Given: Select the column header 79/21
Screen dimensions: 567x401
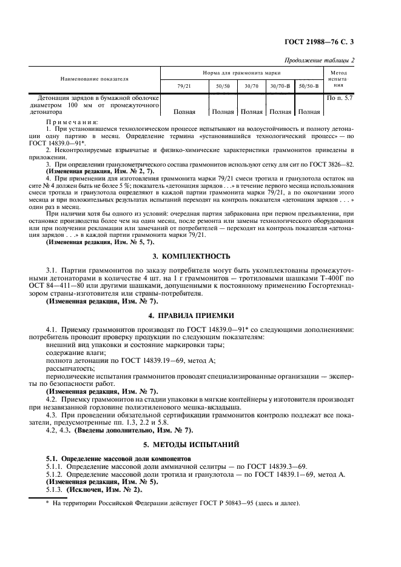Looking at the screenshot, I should click(184, 87).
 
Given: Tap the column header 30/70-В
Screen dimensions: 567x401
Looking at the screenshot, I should click(280, 87).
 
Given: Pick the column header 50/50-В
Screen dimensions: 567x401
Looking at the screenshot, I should click(309, 87).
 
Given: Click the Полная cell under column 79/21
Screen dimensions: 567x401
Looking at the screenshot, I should click(184, 111).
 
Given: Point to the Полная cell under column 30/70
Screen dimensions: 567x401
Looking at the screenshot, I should click(251, 111).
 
